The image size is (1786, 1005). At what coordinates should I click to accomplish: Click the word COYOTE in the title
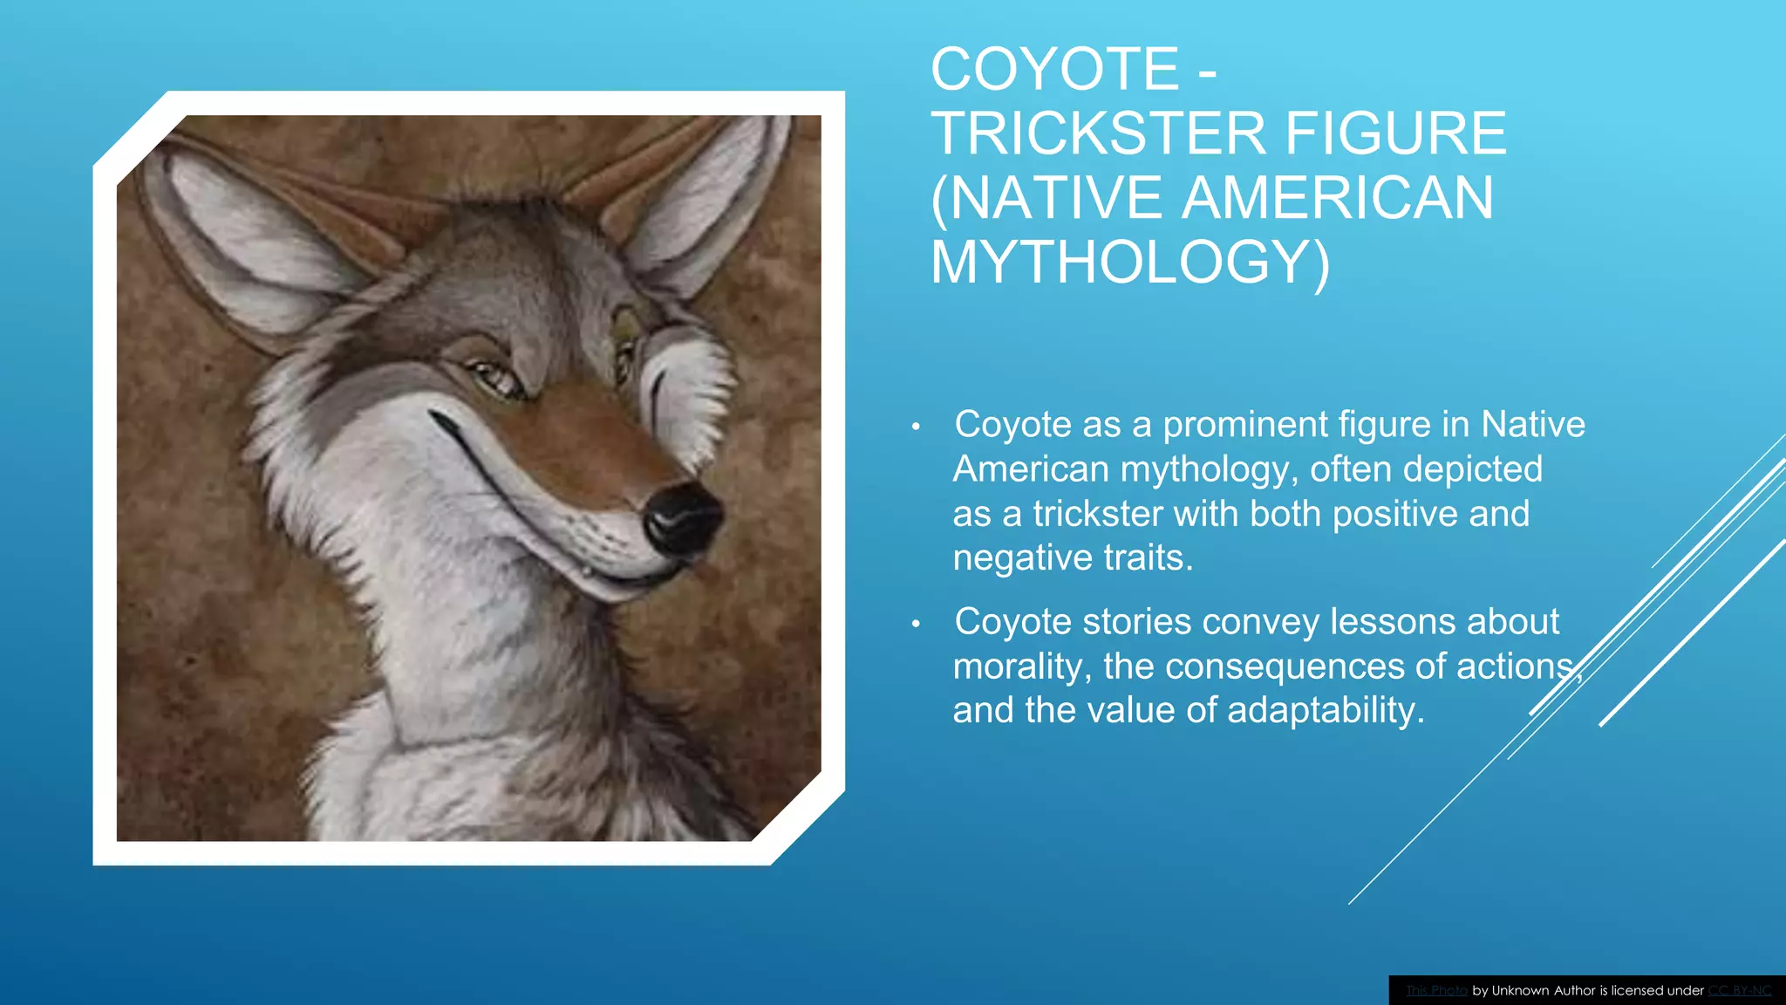tap(1055, 70)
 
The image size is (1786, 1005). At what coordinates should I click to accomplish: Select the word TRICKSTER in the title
tap(1099, 134)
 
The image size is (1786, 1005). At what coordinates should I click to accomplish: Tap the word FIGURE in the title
tap(1395, 134)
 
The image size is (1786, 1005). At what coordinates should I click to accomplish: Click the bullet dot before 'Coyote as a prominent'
tap(916, 427)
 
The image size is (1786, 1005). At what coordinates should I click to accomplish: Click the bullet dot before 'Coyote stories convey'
tap(916, 624)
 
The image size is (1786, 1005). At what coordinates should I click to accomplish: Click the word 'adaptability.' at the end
tap(1326, 710)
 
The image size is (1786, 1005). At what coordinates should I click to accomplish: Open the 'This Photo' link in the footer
tap(1436, 990)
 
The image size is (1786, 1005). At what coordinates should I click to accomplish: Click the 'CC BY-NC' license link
tap(1739, 990)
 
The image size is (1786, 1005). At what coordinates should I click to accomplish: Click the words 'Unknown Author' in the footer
tap(1543, 990)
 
